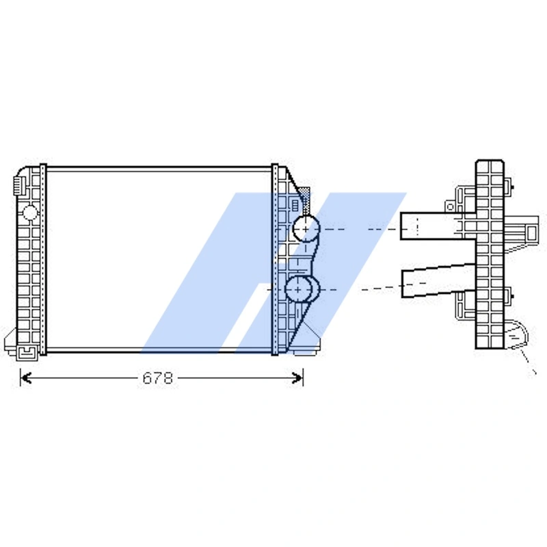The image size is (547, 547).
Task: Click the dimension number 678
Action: (157, 378)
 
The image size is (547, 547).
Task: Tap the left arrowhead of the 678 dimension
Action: (23, 377)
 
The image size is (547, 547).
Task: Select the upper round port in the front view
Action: (305, 229)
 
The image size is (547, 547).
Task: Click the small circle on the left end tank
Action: (29, 212)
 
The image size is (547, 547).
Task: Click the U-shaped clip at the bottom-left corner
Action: (28, 352)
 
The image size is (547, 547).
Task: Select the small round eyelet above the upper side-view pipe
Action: (450, 204)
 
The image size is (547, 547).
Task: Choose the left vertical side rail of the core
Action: (43, 260)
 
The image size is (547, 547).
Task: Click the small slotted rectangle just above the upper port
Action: (295, 204)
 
